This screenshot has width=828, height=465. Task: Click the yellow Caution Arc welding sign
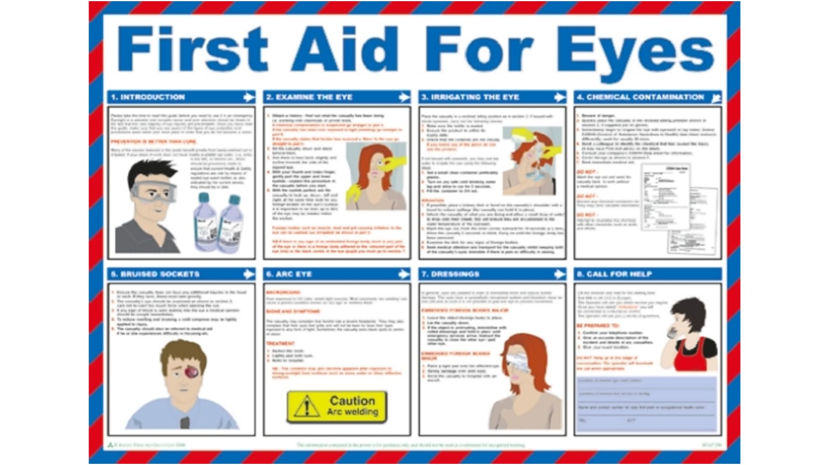click(337, 407)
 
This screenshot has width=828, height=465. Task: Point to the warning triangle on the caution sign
click(306, 407)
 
